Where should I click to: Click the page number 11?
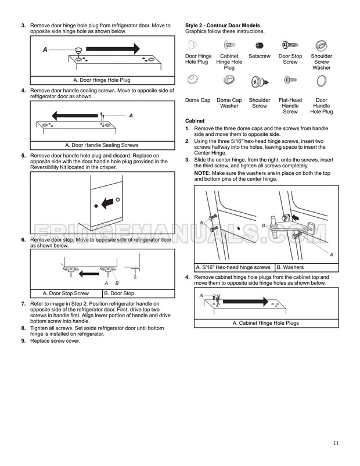pos(336,444)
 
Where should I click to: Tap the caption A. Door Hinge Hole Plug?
pos(102,80)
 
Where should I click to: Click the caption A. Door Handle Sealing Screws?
pos(102,145)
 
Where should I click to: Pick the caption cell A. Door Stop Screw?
pos(66,293)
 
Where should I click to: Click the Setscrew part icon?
pos(260,45)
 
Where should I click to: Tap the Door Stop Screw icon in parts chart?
pos(290,45)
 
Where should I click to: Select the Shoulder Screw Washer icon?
pos(321,45)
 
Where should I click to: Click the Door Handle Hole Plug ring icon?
pos(321,81)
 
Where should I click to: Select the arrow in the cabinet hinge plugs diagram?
pos(244,302)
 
